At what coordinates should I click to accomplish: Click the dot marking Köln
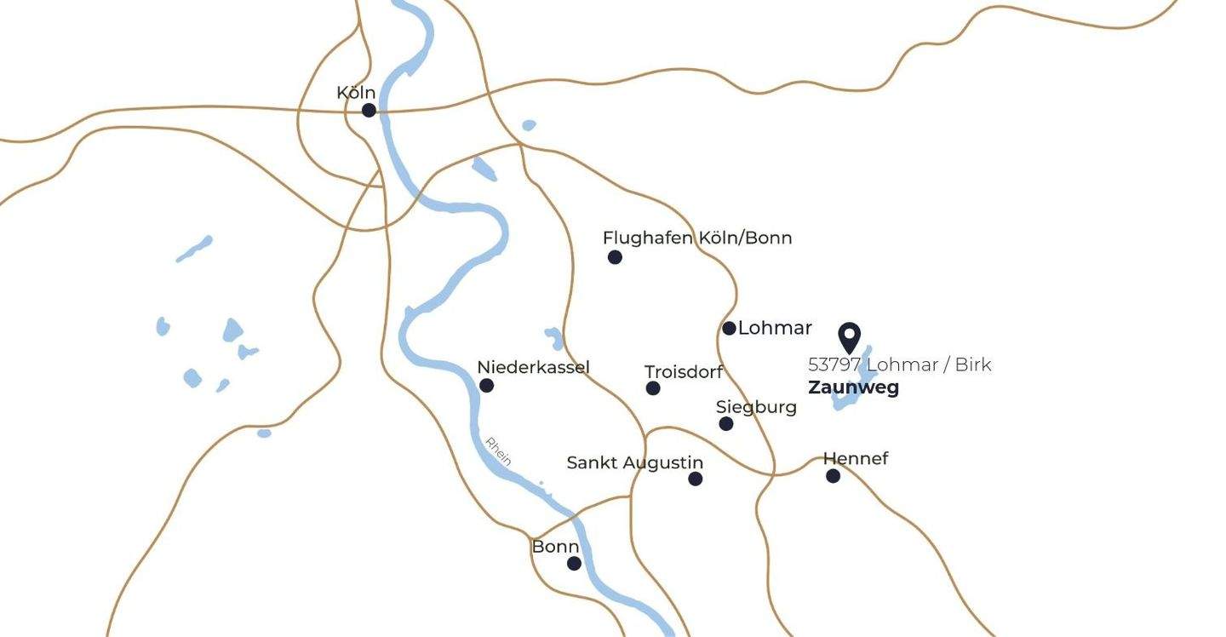pos(369,110)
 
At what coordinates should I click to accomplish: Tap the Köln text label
pos(356,92)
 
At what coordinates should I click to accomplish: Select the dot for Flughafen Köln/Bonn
pos(615,257)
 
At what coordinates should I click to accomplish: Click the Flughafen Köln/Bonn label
pos(697,238)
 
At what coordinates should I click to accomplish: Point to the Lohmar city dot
pos(729,328)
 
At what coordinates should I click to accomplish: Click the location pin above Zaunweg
pos(849,336)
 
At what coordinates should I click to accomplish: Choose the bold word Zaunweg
pos(853,387)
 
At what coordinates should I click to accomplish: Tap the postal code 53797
pos(834,364)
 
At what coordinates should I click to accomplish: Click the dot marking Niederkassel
pos(486,385)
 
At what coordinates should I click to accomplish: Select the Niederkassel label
pos(533,367)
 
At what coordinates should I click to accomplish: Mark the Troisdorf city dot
pos(653,388)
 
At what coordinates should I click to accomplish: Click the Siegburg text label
pos(756,407)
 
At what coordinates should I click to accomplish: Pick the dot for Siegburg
pos(725,423)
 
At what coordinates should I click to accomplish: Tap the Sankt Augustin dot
pos(696,479)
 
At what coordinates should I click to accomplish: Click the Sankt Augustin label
pos(635,462)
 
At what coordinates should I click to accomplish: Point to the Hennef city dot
pos(833,476)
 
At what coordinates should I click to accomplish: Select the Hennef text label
pos(856,458)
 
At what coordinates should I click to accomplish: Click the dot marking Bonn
pos(574,563)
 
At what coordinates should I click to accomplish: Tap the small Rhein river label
pos(498,450)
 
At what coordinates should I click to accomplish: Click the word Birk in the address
pos(973,364)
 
